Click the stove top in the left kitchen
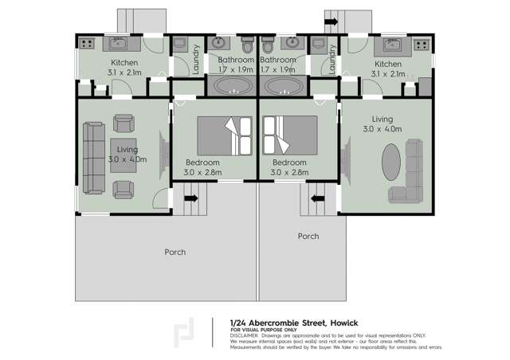[x=86, y=43]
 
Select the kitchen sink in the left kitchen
[x=119, y=44]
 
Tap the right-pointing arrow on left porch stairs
[x=191, y=198]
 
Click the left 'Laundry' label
[x=196, y=57]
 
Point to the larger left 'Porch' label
[x=175, y=252]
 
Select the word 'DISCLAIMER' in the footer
[x=244, y=335]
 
